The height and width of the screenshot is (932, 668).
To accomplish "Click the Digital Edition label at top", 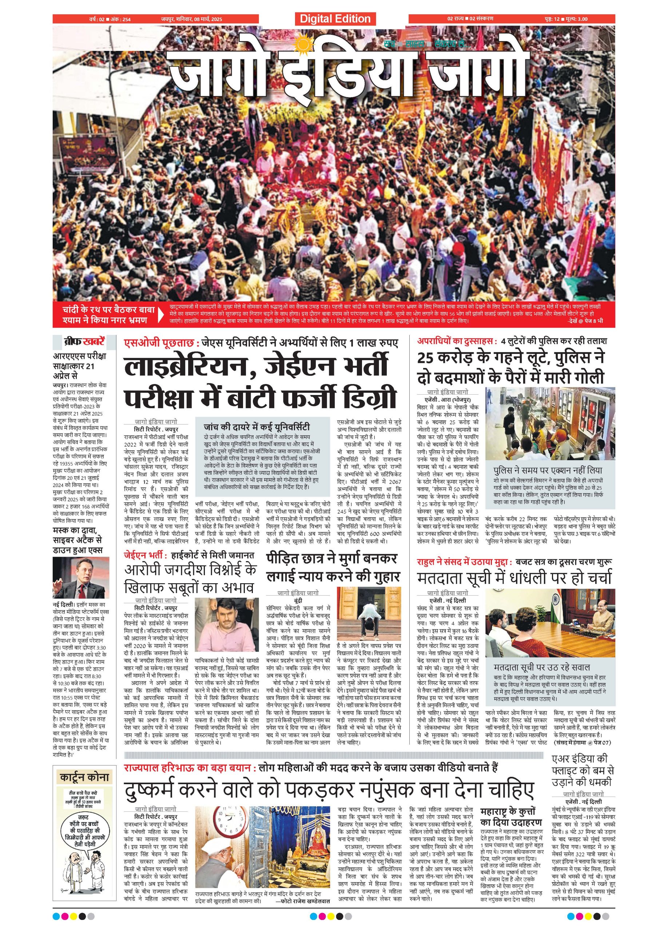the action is (335, 19).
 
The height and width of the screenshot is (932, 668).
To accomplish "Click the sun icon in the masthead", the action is (303, 44).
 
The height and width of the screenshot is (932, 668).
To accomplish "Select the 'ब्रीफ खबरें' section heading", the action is (80, 341).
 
